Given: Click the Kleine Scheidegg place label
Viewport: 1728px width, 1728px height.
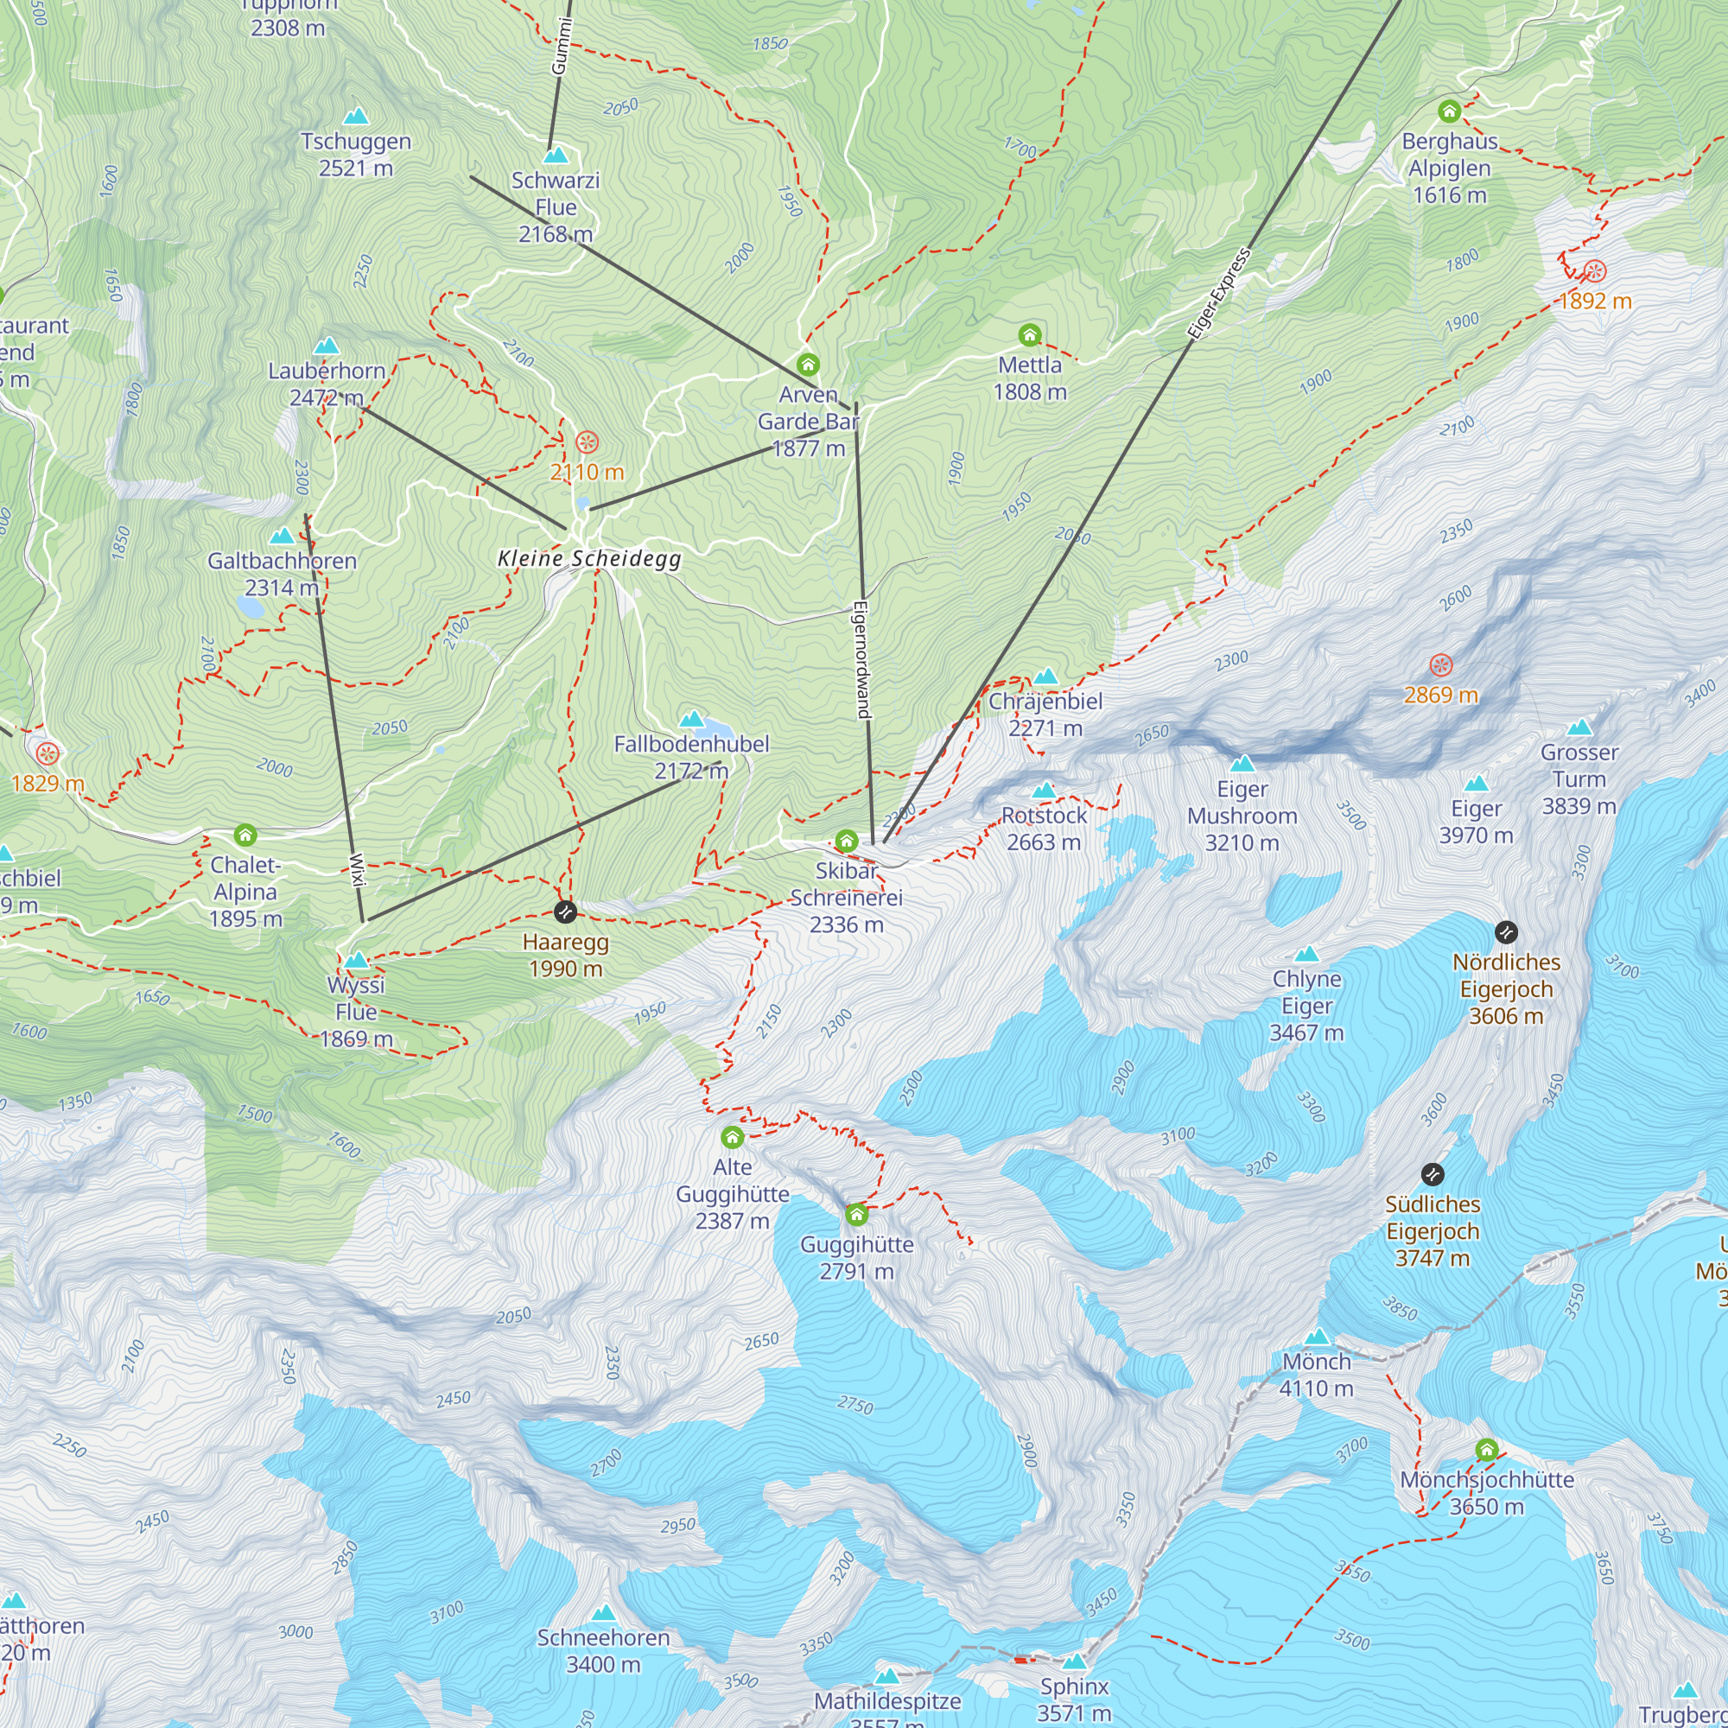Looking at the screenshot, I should click(x=589, y=559).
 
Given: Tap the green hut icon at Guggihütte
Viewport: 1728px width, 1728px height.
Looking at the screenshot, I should click(x=856, y=1214).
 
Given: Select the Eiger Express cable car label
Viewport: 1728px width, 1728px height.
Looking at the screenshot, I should click(x=1219, y=295).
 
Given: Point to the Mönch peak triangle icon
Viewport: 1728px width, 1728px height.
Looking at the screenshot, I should click(x=1317, y=1337).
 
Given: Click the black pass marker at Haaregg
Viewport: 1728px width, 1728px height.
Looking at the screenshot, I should click(x=565, y=912).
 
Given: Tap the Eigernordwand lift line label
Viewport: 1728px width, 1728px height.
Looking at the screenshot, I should click(x=862, y=659).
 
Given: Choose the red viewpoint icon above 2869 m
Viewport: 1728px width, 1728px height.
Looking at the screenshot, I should click(x=1440, y=664).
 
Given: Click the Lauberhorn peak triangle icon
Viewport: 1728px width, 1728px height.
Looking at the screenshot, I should click(x=327, y=346).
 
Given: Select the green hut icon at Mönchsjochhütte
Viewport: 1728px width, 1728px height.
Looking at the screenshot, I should click(x=1486, y=1450).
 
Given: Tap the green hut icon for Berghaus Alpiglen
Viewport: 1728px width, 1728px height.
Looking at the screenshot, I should click(x=1449, y=111).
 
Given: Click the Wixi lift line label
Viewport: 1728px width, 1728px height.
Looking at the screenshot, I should click(x=358, y=869).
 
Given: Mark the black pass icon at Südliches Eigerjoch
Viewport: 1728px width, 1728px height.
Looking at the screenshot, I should click(x=1432, y=1173).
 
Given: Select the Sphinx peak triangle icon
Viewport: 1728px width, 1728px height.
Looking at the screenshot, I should click(x=1074, y=1661).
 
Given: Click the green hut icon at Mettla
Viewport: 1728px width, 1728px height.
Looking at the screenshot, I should click(x=1030, y=335).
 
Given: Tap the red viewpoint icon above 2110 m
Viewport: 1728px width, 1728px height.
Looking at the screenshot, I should click(x=587, y=442).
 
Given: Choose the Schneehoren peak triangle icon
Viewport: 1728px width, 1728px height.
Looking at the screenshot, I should click(x=604, y=1612).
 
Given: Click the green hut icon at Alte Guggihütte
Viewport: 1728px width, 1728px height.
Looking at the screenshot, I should click(x=732, y=1137).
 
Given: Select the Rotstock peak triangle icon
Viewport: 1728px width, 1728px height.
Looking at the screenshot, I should click(x=1044, y=790).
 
